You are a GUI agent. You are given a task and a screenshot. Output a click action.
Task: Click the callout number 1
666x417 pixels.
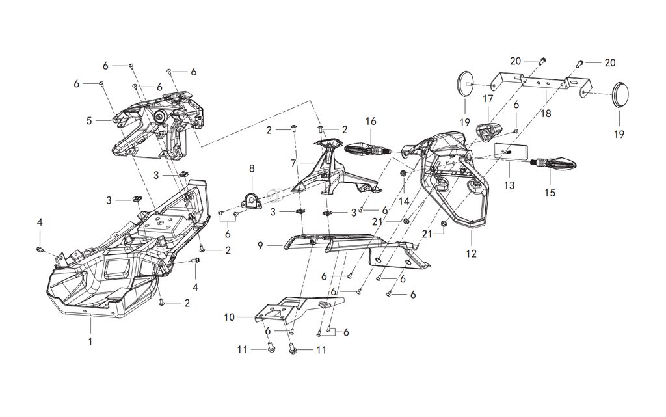pos(90,341)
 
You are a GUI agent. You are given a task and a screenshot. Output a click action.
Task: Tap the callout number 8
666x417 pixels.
pos(252,168)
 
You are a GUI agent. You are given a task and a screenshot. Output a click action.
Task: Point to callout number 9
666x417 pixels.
pos(261,245)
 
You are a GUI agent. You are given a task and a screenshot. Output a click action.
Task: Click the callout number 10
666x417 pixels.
pos(228,317)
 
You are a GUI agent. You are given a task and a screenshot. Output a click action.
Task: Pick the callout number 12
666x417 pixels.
pos(471,253)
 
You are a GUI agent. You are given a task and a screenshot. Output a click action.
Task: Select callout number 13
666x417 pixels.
pos(509,185)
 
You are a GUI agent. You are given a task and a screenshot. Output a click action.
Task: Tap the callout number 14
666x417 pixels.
pos(404,201)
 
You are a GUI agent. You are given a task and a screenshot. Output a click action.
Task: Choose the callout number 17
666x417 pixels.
pos(488,99)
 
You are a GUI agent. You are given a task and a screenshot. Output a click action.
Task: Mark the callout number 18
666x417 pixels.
pos(545,112)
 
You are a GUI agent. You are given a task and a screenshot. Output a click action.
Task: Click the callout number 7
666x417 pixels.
pos(293,161)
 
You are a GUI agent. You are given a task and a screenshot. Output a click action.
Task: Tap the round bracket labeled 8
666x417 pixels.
pos(251,201)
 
